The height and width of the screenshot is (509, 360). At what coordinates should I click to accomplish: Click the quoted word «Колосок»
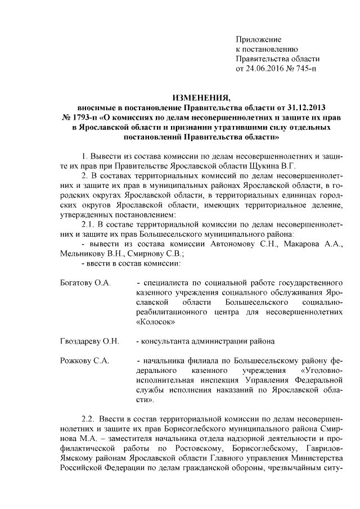[x=155, y=322]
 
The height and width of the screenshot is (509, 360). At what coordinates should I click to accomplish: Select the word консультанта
[x=169, y=341]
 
